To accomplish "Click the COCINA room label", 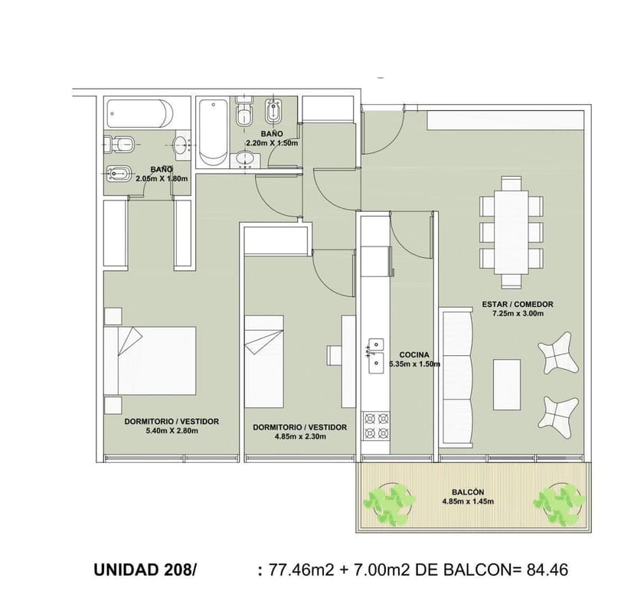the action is (x=414, y=355).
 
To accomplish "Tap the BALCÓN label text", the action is (x=468, y=492).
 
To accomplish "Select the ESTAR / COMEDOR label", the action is (x=518, y=304).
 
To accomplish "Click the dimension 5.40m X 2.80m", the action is (x=172, y=431).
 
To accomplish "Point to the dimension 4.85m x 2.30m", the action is (x=300, y=436).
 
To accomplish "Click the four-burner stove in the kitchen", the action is (x=376, y=426).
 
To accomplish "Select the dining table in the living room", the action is (x=511, y=232).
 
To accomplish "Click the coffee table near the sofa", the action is (x=507, y=384).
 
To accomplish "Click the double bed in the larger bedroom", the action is (x=150, y=360).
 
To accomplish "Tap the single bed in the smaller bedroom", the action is (x=264, y=361).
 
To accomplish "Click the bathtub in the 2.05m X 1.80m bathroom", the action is (x=140, y=113).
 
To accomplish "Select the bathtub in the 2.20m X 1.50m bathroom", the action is (x=213, y=132).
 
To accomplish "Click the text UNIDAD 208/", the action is (x=145, y=570).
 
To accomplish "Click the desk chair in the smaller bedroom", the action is (x=335, y=355).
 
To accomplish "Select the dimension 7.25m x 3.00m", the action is (x=518, y=314).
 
